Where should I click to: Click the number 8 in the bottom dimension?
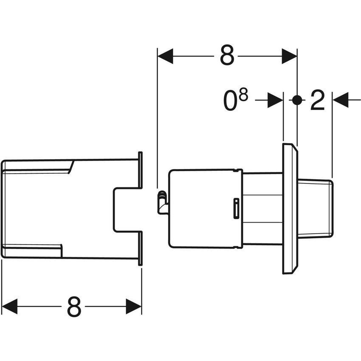pyautogui.click(x=74, y=306)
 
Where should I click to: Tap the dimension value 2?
pyautogui.click(x=317, y=101)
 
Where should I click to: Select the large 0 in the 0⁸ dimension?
pyautogui.click(x=231, y=102)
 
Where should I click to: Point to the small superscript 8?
pyautogui.click(x=243, y=96)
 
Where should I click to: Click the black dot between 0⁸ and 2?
pyautogui.click(x=297, y=100)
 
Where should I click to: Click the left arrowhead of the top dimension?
pyautogui.click(x=165, y=56)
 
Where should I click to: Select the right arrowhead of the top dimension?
pyautogui.click(x=289, y=56)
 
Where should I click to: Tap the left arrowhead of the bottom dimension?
pyautogui.click(x=9, y=306)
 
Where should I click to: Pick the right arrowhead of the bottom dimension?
pyautogui.click(x=134, y=306)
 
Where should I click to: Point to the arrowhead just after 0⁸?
pyautogui.click(x=275, y=100)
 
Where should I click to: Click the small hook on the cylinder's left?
pyautogui.click(x=161, y=202)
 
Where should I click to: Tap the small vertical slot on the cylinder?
pyautogui.click(x=236, y=209)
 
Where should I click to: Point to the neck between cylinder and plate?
pyautogui.click(x=262, y=209)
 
